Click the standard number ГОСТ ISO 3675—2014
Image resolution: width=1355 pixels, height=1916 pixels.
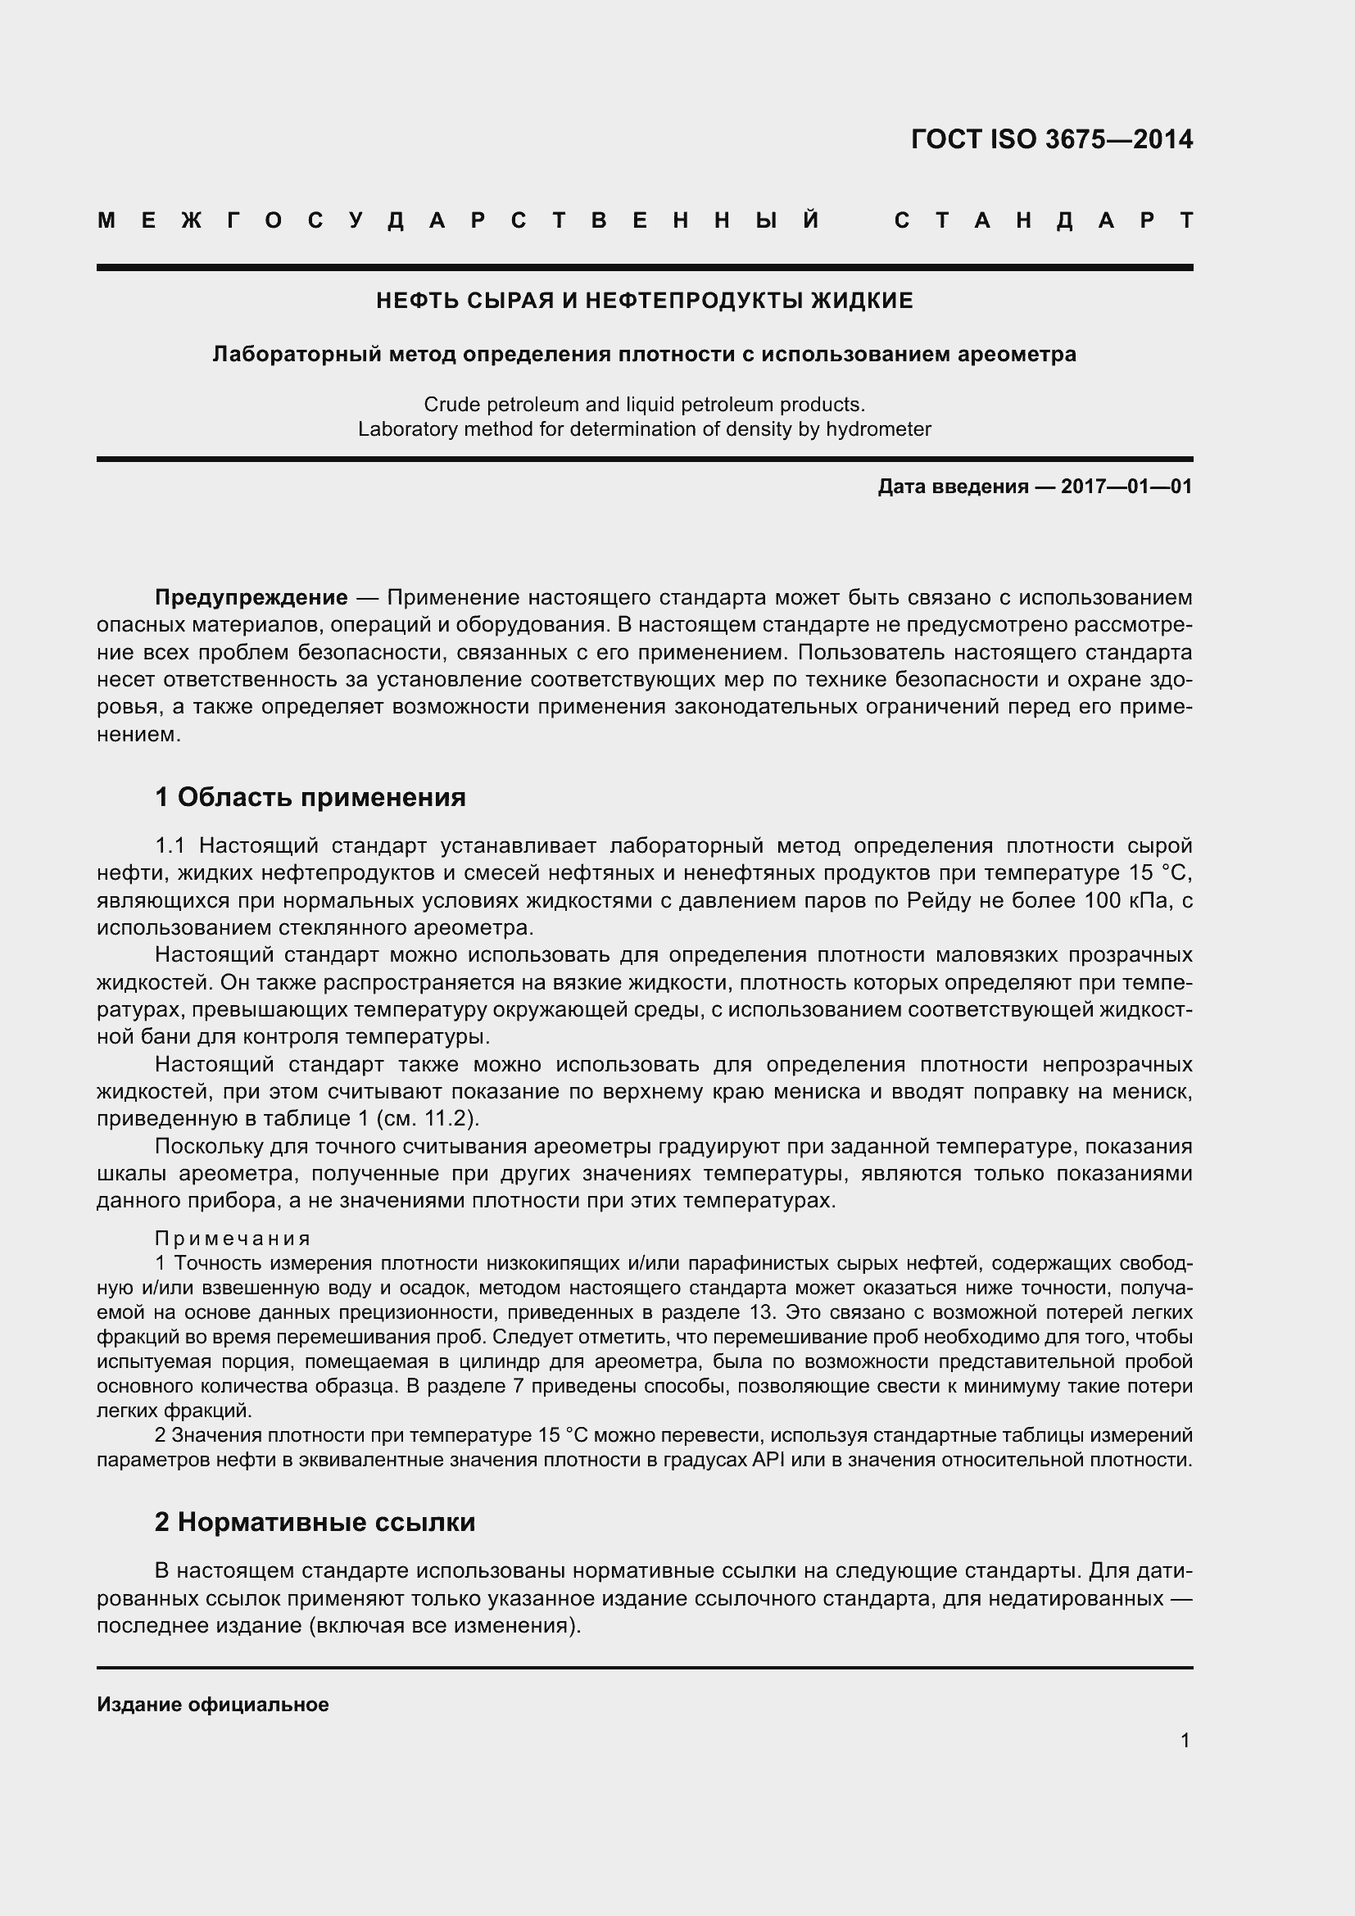tap(1051, 139)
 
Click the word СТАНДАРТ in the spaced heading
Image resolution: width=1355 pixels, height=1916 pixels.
tap(1044, 221)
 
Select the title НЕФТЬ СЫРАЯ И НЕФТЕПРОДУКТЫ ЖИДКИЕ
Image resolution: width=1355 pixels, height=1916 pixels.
tap(644, 301)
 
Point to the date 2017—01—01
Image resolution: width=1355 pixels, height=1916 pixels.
tap(1126, 487)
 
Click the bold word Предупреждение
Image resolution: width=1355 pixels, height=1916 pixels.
tap(252, 597)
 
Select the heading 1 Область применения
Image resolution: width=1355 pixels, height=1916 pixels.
tap(310, 797)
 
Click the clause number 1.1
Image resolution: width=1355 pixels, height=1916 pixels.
tap(170, 845)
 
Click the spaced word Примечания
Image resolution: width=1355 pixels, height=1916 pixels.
tap(233, 1239)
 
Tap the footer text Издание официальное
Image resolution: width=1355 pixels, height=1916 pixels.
tap(213, 1704)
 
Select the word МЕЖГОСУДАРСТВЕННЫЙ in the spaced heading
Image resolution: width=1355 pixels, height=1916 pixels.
tap(459, 221)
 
